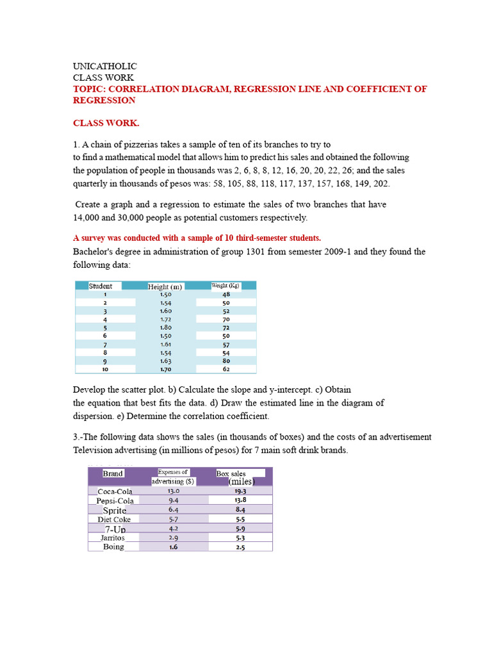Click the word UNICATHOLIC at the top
pyautogui.click(x=104, y=67)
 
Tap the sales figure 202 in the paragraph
pyautogui.click(x=381, y=183)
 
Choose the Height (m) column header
pyautogui.click(x=165, y=286)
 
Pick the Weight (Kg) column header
pyautogui.click(x=225, y=286)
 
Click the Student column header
pyautogui.click(x=101, y=286)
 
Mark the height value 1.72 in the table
pyautogui.click(x=165, y=319)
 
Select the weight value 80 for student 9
pyautogui.click(x=226, y=361)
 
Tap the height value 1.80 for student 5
pyautogui.click(x=165, y=327)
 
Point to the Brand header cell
pyautogui.click(x=113, y=473)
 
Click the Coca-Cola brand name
pyautogui.click(x=115, y=491)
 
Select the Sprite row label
pyautogui.click(x=115, y=511)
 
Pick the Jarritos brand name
pyautogui.click(x=113, y=538)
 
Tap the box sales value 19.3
pyautogui.click(x=240, y=491)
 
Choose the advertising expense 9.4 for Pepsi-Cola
pyautogui.click(x=174, y=500)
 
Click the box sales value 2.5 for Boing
pyautogui.click(x=240, y=548)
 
